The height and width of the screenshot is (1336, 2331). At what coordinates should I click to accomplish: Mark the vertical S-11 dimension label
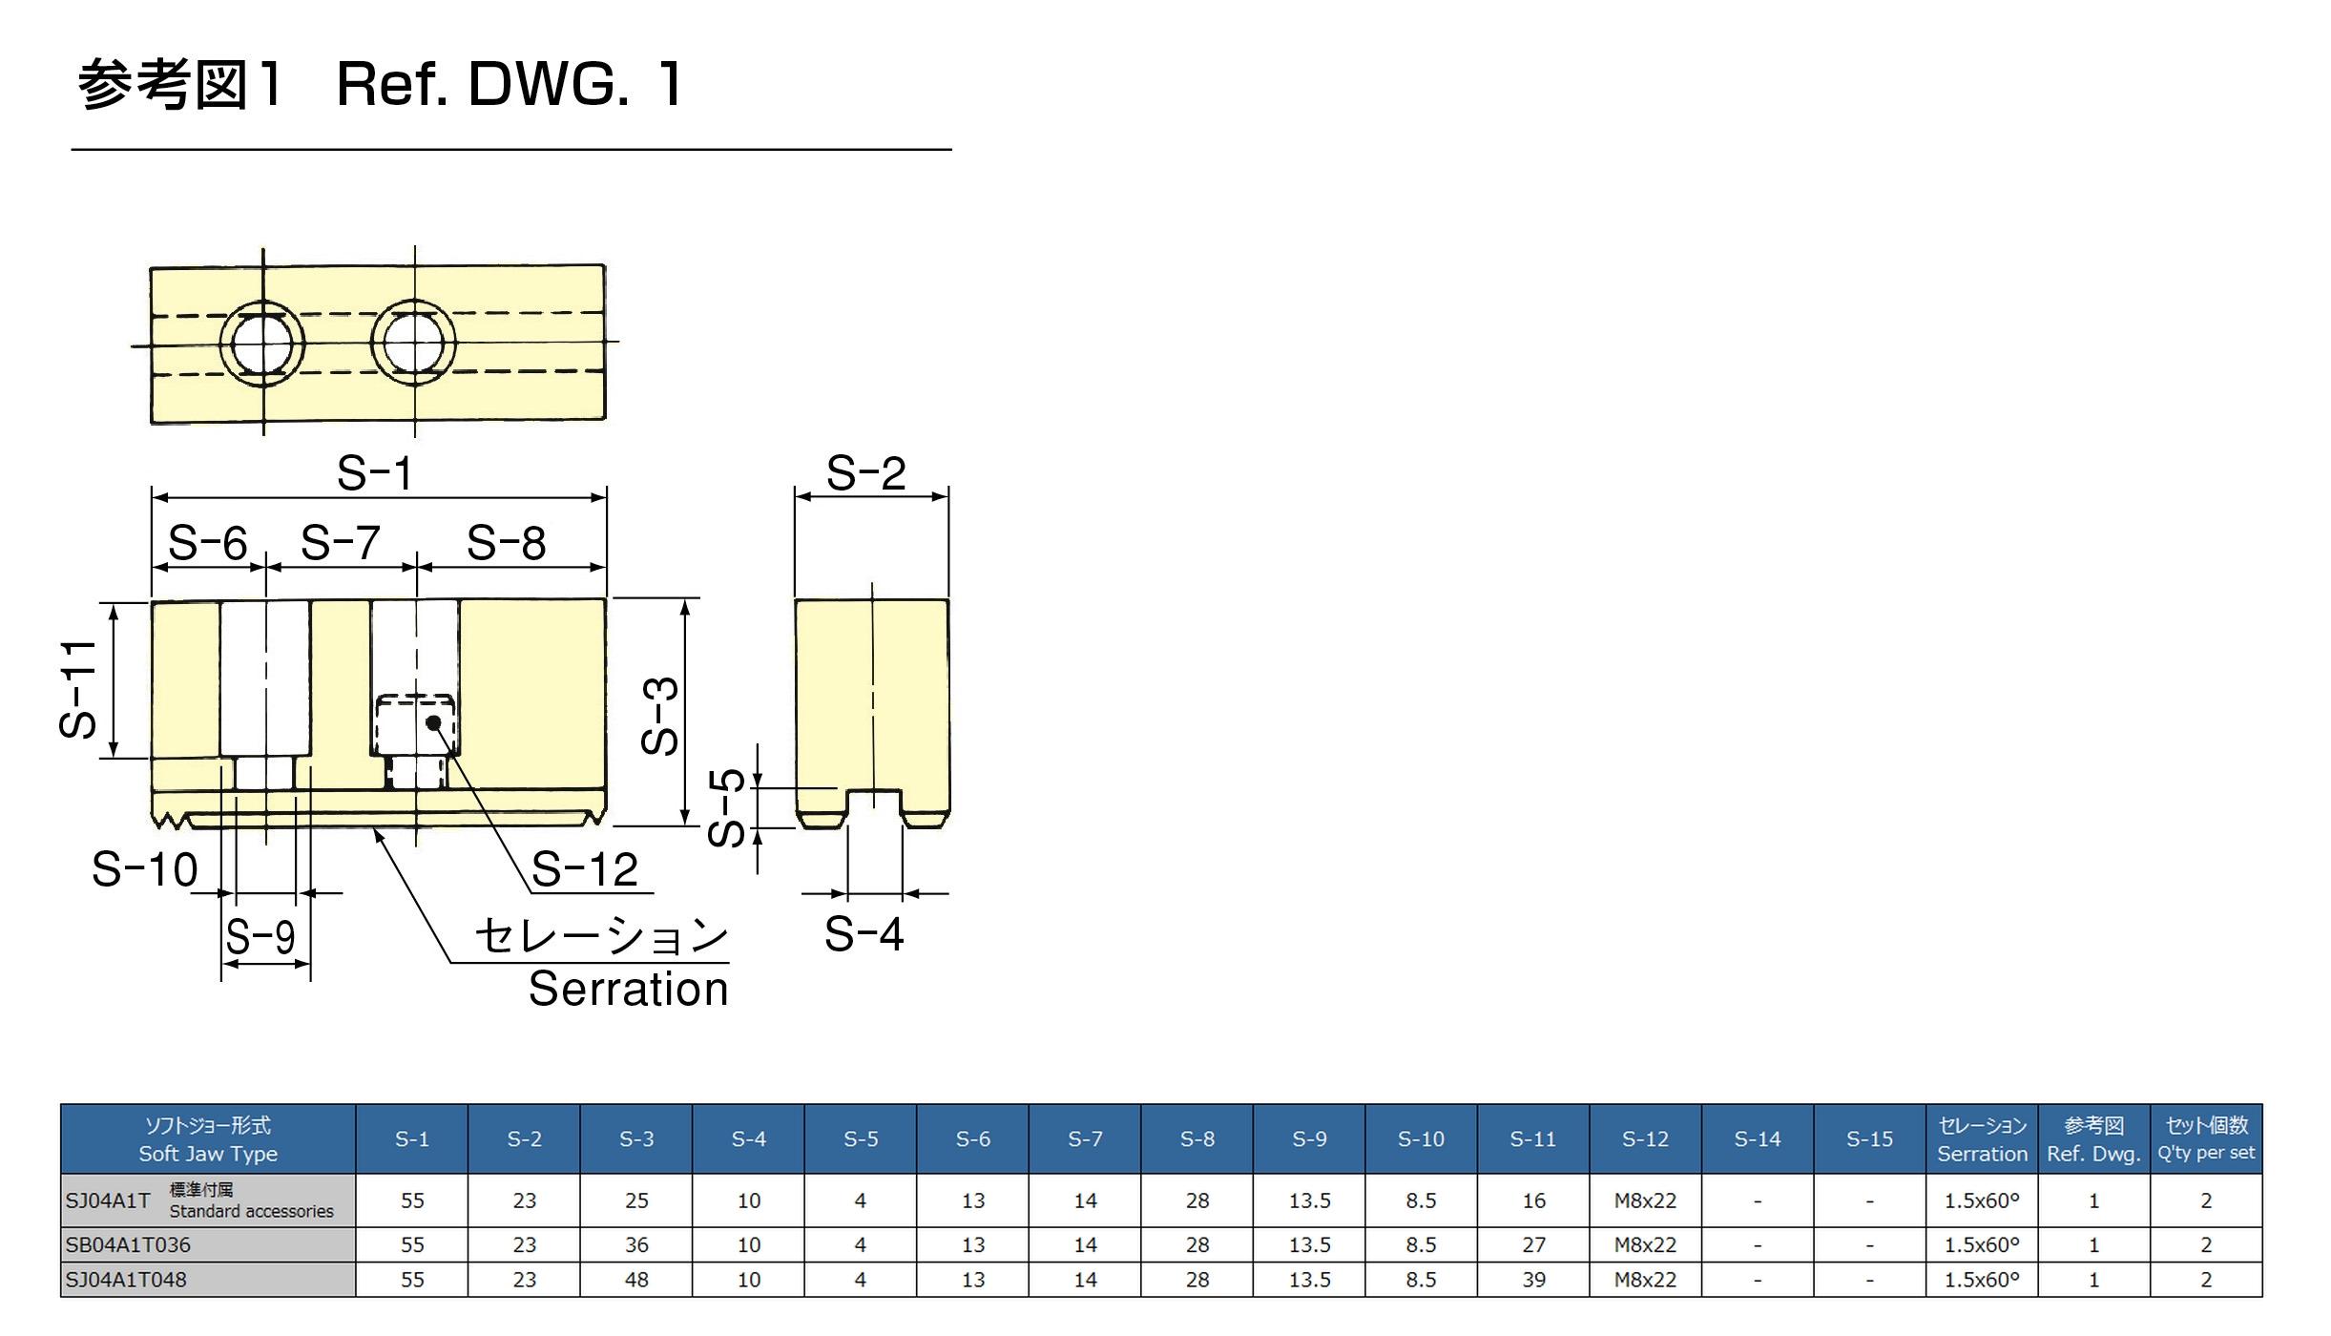click(x=78, y=689)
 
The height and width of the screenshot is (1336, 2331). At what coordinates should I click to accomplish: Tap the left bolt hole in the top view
click(x=262, y=344)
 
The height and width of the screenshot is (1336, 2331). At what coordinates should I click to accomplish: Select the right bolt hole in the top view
click(x=413, y=343)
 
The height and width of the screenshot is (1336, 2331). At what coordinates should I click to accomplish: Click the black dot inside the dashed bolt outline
click(x=433, y=722)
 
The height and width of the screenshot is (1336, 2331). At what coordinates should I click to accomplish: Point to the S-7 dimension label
click(x=341, y=544)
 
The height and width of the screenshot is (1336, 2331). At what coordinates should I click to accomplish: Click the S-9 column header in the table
click(x=1309, y=1138)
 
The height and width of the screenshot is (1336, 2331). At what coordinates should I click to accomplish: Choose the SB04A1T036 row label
click(x=128, y=1245)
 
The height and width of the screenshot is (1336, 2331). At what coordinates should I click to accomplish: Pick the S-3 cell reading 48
click(x=636, y=1280)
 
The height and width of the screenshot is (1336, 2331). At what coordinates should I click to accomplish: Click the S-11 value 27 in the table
click(x=1533, y=1245)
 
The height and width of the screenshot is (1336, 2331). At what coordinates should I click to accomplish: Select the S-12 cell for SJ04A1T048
click(x=1645, y=1280)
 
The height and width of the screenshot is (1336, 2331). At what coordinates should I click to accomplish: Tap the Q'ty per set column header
click(x=2206, y=1138)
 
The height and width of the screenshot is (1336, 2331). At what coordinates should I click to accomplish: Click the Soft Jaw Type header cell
click(x=208, y=1138)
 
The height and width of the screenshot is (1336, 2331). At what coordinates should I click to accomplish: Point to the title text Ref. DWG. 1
click(x=510, y=84)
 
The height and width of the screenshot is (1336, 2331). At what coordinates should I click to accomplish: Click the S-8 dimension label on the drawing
click(x=507, y=544)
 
